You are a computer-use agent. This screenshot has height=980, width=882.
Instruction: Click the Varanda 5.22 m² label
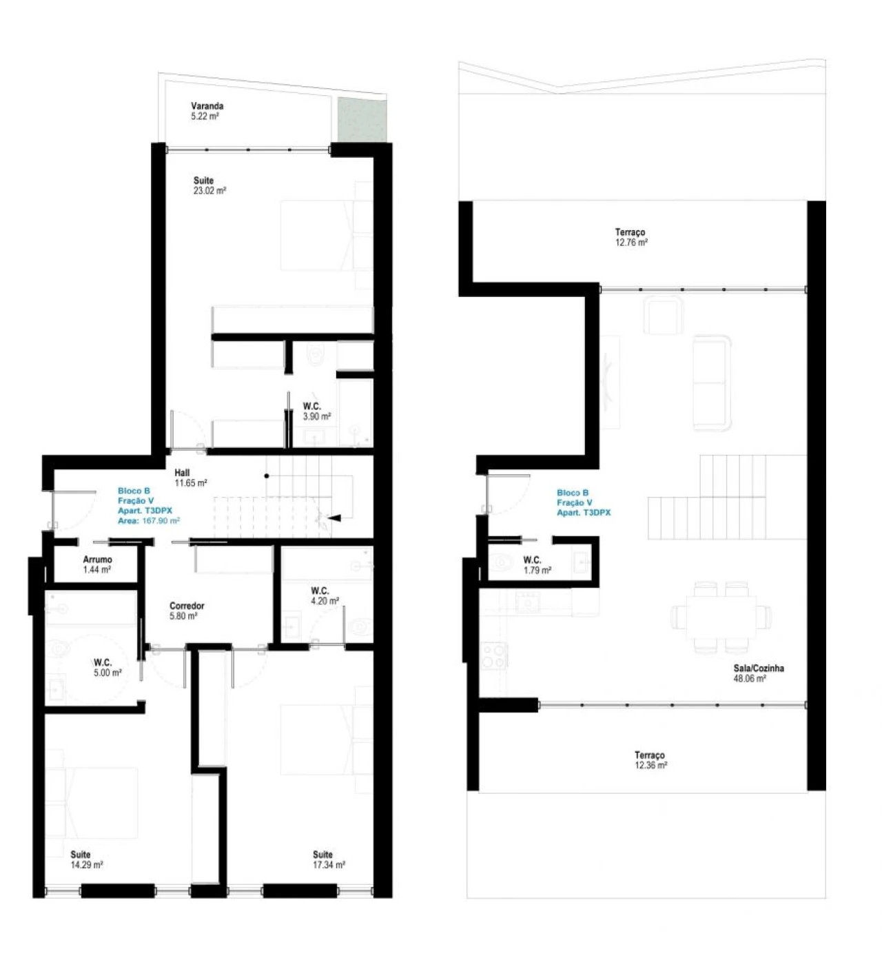pyautogui.click(x=207, y=111)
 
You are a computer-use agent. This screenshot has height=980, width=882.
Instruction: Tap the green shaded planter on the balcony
pyautogui.click(x=362, y=120)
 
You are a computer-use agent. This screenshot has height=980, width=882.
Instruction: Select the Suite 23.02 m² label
pyautogui.click(x=209, y=185)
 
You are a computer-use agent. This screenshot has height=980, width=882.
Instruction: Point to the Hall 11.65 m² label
pyautogui.click(x=191, y=478)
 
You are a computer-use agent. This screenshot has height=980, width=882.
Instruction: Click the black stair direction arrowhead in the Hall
pyautogui.click(x=334, y=518)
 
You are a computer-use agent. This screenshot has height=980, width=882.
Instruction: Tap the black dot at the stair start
pyautogui.click(x=267, y=476)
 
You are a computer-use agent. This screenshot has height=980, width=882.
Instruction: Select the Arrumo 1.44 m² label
pyautogui.click(x=97, y=564)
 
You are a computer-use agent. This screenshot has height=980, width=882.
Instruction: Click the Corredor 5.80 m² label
pyautogui.click(x=187, y=611)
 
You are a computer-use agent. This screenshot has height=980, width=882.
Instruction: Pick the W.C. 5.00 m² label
pyautogui.click(x=107, y=667)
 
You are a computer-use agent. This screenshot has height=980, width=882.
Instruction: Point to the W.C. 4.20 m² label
pyautogui.click(x=325, y=595)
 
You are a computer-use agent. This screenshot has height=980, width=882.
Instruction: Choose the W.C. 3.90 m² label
pyautogui.click(x=317, y=411)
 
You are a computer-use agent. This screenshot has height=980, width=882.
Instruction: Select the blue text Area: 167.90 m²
pyautogui.click(x=149, y=521)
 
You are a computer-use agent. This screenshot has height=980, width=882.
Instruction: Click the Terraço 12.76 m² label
pyautogui.click(x=631, y=237)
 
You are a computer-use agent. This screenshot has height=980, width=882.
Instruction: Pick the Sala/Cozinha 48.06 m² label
pyautogui.click(x=759, y=673)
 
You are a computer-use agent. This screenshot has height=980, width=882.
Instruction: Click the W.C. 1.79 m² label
pyautogui.click(x=537, y=564)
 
